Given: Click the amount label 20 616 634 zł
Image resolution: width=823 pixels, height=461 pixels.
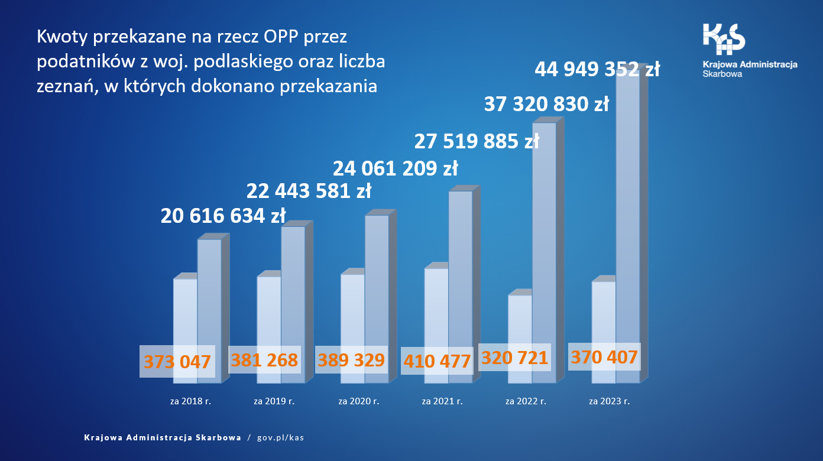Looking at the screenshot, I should click(x=223, y=216).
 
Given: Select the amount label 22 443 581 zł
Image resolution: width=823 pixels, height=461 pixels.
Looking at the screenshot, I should click(x=309, y=191).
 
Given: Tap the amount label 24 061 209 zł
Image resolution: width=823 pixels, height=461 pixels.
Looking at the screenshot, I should click(x=396, y=169).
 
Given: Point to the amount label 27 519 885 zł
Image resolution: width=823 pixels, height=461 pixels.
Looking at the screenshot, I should click(x=477, y=141).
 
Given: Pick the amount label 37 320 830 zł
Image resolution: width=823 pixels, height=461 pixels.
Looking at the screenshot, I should click(x=546, y=105).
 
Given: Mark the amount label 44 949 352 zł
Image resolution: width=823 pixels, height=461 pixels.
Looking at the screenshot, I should click(x=597, y=69).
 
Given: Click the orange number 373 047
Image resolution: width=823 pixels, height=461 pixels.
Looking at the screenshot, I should click(x=177, y=362).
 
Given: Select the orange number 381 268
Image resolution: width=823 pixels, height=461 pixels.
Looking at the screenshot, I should click(x=264, y=360).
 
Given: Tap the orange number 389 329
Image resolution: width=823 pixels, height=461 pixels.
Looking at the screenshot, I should click(x=351, y=360).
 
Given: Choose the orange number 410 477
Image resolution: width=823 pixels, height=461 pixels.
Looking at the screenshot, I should click(x=437, y=361).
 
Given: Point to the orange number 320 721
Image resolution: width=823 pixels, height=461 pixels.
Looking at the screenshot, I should click(x=515, y=358).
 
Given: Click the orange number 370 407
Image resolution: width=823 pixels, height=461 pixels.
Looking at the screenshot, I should click(x=604, y=357).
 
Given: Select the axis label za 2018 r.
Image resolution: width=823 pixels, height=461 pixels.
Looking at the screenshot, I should click(x=190, y=401).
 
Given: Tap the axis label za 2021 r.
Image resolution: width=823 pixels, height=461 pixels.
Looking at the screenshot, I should click(x=442, y=401).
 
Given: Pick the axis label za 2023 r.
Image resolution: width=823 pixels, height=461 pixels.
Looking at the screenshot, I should click(x=610, y=401).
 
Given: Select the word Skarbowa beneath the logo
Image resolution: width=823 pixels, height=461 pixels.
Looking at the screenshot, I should click(x=722, y=74).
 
